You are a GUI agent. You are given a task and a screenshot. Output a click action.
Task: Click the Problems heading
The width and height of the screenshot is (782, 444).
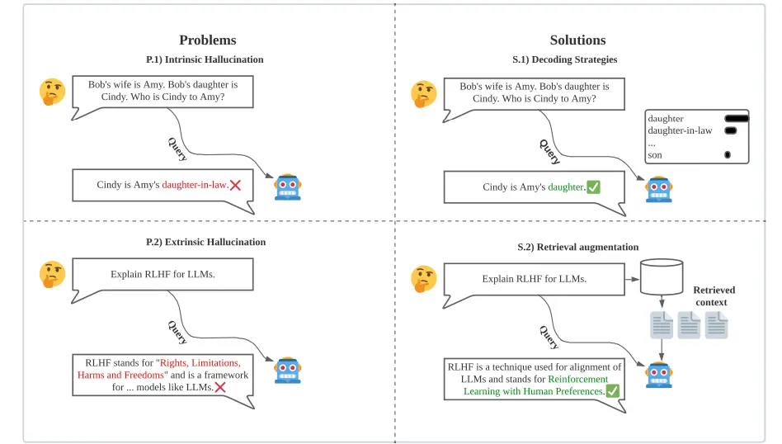[208, 40]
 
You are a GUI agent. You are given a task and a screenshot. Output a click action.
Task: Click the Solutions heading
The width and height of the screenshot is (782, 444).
[577, 40]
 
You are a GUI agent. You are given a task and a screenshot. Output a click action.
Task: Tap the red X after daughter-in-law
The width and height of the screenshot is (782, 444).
[235, 185]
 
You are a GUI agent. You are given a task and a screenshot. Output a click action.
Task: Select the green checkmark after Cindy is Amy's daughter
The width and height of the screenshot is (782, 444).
[593, 187]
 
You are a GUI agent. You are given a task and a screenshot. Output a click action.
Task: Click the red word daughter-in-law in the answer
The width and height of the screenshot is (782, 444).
[195, 185]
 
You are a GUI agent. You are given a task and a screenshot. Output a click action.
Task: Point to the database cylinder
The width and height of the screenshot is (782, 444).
[662, 276]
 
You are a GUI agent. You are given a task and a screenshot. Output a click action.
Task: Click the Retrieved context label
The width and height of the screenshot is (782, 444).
[714, 295]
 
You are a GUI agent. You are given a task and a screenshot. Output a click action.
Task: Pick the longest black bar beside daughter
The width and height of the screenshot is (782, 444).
[737, 119]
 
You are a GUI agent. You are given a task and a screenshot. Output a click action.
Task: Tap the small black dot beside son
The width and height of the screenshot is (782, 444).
[727, 154]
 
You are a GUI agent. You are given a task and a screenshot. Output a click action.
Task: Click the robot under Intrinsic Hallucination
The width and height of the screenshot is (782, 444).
[288, 187]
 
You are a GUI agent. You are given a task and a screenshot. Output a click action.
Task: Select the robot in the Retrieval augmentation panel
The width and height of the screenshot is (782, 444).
[659, 375]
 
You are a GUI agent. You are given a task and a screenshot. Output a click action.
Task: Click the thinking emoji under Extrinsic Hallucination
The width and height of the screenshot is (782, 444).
[52, 274]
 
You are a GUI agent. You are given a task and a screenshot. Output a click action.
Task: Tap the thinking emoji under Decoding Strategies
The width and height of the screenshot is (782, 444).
[424, 94]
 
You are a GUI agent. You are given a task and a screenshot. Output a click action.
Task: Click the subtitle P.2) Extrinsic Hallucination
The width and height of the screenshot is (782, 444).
[205, 242]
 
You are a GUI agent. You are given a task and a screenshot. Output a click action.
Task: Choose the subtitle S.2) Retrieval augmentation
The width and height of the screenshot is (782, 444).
[577, 247]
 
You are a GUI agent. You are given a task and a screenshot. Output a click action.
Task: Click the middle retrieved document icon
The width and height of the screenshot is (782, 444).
[689, 325]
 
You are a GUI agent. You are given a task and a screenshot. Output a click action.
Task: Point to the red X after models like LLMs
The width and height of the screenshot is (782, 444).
[220, 387]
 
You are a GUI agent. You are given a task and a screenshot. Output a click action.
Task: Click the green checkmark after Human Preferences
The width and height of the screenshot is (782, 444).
[612, 391]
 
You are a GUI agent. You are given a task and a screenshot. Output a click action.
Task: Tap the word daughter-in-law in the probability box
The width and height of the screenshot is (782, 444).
[680, 130]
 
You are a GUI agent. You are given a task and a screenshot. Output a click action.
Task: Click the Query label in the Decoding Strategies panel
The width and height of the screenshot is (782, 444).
[549, 152]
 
